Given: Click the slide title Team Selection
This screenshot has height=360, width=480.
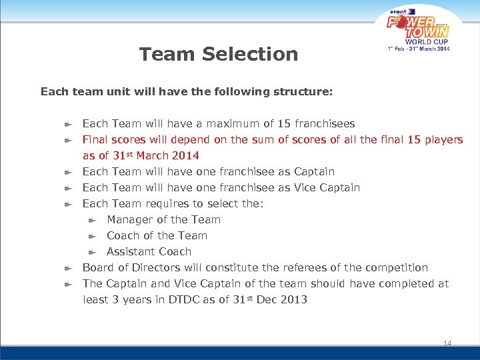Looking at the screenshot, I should coord(219,54).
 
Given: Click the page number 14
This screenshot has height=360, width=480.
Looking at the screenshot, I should coord(447,343).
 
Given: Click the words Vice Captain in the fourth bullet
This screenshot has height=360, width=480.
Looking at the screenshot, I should coord(327,187).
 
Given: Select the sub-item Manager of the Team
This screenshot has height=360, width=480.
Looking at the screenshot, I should coord(163,219).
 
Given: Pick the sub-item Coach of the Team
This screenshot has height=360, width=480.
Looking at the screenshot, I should coord(157,235).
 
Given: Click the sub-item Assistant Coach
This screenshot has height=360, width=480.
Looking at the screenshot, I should coord(149,251).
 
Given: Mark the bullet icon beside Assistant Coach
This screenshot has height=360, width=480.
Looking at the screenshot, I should coord(93,252).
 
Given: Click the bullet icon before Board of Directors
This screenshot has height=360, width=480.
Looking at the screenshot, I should coord(68,268).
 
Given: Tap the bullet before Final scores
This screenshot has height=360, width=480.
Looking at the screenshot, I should coord(68,140).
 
